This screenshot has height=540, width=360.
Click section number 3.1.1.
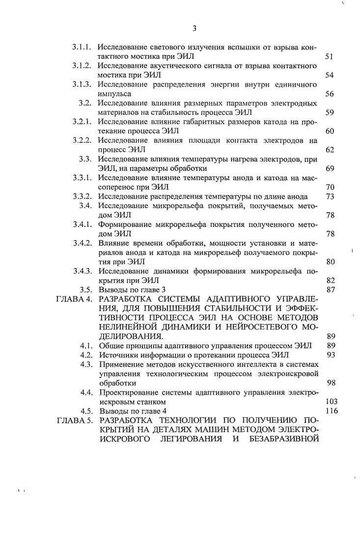click(82, 48)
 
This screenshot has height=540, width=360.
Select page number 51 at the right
click(330, 57)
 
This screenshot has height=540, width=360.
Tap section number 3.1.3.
click(82, 84)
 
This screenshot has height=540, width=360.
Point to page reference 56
click(330, 94)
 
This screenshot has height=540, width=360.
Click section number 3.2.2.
click(82, 140)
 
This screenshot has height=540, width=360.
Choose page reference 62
click(330, 149)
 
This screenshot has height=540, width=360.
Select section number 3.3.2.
click(82, 196)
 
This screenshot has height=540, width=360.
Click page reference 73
click(330, 196)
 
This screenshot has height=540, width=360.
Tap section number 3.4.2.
click(82, 243)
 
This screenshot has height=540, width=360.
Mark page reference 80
click(330, 261)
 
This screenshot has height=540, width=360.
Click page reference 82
click(330, 280)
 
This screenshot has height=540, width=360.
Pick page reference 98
click(330, 382)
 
